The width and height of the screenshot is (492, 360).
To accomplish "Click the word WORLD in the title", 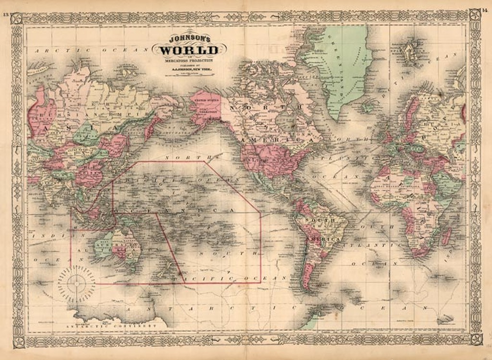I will coord(189,50).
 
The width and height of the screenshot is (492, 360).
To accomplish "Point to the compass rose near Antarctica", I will coord(76,283).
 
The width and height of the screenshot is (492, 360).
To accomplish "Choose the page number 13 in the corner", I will coord(6,15).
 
